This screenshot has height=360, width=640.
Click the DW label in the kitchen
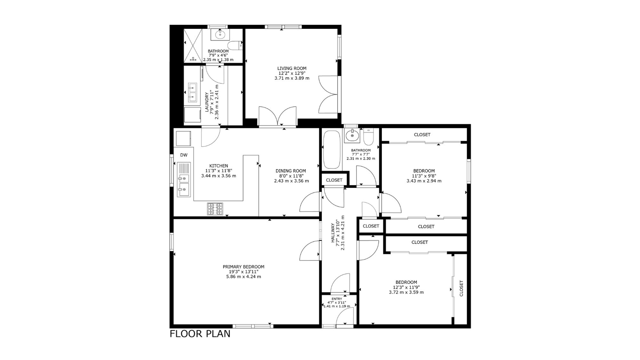[184, 155]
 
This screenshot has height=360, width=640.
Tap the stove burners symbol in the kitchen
[215, 209]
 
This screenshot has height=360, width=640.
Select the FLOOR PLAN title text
[200, 334]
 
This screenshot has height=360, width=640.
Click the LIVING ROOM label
[292, 68]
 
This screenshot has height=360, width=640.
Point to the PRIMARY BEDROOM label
[244, 267]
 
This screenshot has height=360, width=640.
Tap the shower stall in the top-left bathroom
[193, 46]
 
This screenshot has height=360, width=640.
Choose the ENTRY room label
[337, 299]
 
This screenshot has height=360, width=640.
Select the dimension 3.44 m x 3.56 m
[219, 176]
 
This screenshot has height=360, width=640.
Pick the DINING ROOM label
[291, 171]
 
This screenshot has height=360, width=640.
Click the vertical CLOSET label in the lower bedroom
[461, 288]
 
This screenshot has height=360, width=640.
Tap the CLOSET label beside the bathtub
[334, 180]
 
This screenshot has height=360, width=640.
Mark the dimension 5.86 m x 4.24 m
[244, 276]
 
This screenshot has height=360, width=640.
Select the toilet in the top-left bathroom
[236, 45]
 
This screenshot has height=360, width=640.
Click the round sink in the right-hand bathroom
[352, 135]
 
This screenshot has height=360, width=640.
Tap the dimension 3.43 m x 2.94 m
[424, 181]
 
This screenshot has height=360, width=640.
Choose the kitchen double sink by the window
[184, 185]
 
